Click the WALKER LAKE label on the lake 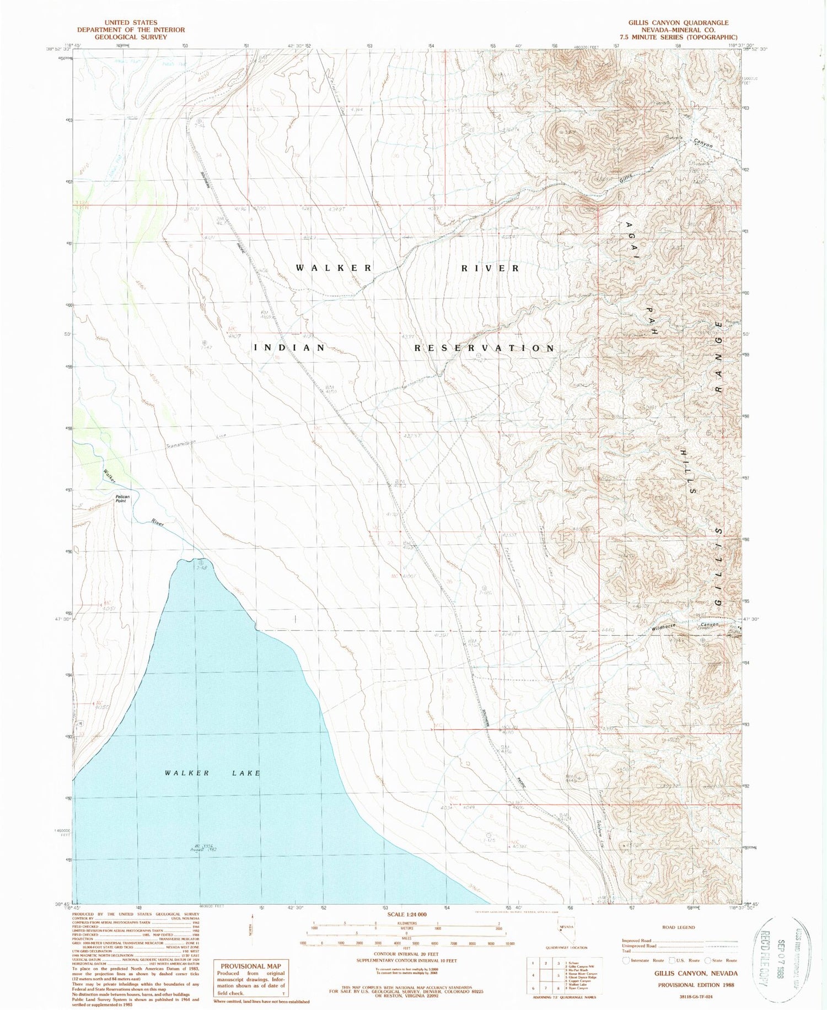click(x=212, y=773)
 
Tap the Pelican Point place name click(x=121, y=498)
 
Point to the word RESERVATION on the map click(x=485, y=348)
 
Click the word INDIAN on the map click(x=291, y=347)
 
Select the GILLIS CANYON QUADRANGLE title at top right click(x=679, y=23)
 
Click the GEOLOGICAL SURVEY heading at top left click(x=122, y=37)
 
